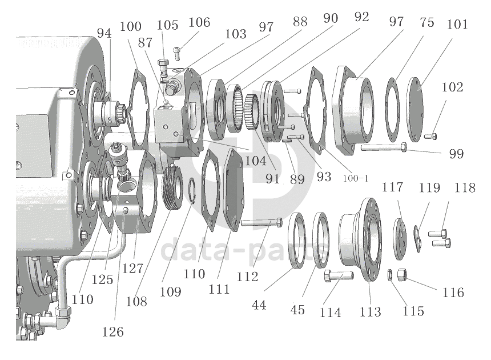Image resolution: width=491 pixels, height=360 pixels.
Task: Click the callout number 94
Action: click(104, 33)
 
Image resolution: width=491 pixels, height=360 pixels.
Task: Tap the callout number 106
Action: click(199, 22)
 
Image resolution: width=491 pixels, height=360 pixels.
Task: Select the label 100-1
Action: click(356, 178)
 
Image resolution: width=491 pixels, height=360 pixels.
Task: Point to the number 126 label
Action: click(112, 331)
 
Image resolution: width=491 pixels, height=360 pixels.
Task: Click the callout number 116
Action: click(453, 293)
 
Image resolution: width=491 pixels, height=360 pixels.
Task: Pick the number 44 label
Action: click(259, 305)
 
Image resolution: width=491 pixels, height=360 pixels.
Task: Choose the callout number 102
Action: click(452, 87)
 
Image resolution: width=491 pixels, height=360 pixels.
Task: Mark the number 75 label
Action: click(427, 22)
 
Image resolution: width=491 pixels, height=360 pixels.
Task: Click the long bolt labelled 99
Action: click(384, 147)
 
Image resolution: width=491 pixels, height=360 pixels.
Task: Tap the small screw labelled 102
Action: click(430, 137)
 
